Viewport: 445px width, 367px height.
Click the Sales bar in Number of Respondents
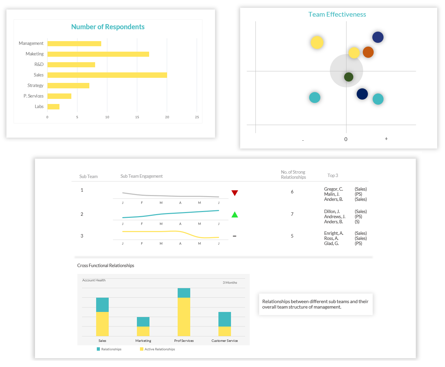coord(107,75)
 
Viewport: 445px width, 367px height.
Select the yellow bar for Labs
coord(53,107)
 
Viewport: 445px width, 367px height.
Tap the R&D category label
coord(39,65)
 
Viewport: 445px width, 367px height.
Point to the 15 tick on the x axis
coord(137,117)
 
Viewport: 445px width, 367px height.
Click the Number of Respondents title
coord(108,27)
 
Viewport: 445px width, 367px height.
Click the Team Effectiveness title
coord(337,15)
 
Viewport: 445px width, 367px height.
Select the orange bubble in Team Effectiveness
coord(368,52)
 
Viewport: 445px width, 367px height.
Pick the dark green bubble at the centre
coord(349,77)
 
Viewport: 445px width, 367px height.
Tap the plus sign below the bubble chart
coord(386,139)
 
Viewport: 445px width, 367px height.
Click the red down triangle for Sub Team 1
coord(234,193)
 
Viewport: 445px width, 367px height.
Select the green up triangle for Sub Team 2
coord(234,215)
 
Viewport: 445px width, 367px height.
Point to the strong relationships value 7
coord(292,214)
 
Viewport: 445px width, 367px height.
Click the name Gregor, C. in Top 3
coord(333,189)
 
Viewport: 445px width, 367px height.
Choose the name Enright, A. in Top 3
coord(334,233)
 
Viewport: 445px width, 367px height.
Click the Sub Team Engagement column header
coord(141,176)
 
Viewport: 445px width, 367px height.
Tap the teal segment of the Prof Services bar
coord(184,293)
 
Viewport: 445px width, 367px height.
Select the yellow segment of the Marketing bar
coord(143,331)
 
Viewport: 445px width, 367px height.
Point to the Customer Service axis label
coord(225,341)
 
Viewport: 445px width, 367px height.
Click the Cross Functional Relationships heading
coord(106,266)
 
